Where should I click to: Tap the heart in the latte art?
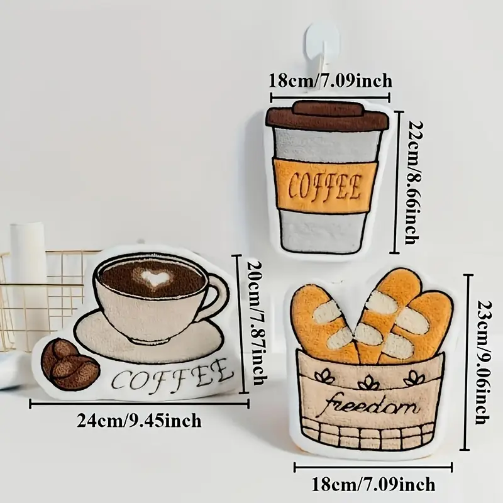[155, 277]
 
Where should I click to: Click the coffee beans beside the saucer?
[70, 363]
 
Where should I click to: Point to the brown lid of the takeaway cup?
[327, 116]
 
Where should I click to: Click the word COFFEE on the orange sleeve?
[325, 186]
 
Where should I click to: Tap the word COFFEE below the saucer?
[172, 376]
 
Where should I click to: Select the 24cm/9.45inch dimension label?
[139, 420]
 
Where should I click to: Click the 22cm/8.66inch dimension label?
[412, 182]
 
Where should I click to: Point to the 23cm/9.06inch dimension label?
[482, 363]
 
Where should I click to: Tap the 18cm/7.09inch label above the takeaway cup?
[331, 81]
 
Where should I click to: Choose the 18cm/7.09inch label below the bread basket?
[374, 484]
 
